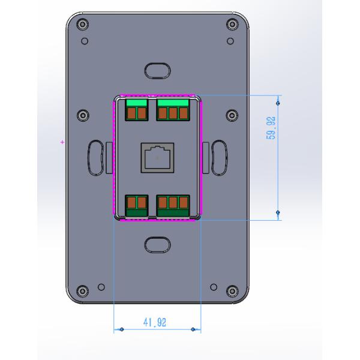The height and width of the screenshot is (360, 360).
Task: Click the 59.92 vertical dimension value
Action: [271, 127]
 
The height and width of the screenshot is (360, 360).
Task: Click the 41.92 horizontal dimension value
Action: [155, 322]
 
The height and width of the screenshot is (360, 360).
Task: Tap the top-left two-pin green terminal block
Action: [136, 111]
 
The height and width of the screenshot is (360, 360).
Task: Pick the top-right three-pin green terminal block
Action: [173, 111]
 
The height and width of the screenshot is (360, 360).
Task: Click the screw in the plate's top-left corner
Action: [82, 24]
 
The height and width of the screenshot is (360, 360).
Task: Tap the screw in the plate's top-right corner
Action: [232, 24]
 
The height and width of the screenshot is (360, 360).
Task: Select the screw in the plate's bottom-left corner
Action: [82, 292]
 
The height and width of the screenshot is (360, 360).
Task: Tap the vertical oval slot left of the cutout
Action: [95, 157]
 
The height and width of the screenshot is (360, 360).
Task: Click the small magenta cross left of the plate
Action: [62, 142]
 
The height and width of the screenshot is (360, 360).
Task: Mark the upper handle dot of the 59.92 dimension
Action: [277, 103]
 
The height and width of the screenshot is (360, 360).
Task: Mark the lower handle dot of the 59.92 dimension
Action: [277, 212]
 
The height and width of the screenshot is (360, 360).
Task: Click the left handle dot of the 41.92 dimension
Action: [122, 329]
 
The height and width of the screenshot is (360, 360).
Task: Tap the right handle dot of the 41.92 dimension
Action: [193, 329]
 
